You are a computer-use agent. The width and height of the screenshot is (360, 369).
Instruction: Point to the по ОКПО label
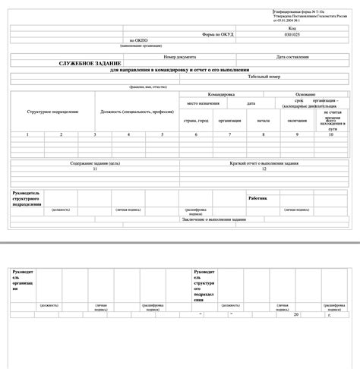coord(137,40)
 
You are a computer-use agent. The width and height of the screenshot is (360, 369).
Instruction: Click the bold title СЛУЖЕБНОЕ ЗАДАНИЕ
coord(91,65)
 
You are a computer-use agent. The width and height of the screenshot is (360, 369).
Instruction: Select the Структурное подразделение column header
coord(52,112)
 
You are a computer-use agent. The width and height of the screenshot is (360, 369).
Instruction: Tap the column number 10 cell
coord(331,134)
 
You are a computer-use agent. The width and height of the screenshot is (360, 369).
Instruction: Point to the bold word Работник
coord(258,198)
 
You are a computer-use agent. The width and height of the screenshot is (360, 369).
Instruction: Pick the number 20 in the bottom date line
coord(298,313)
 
